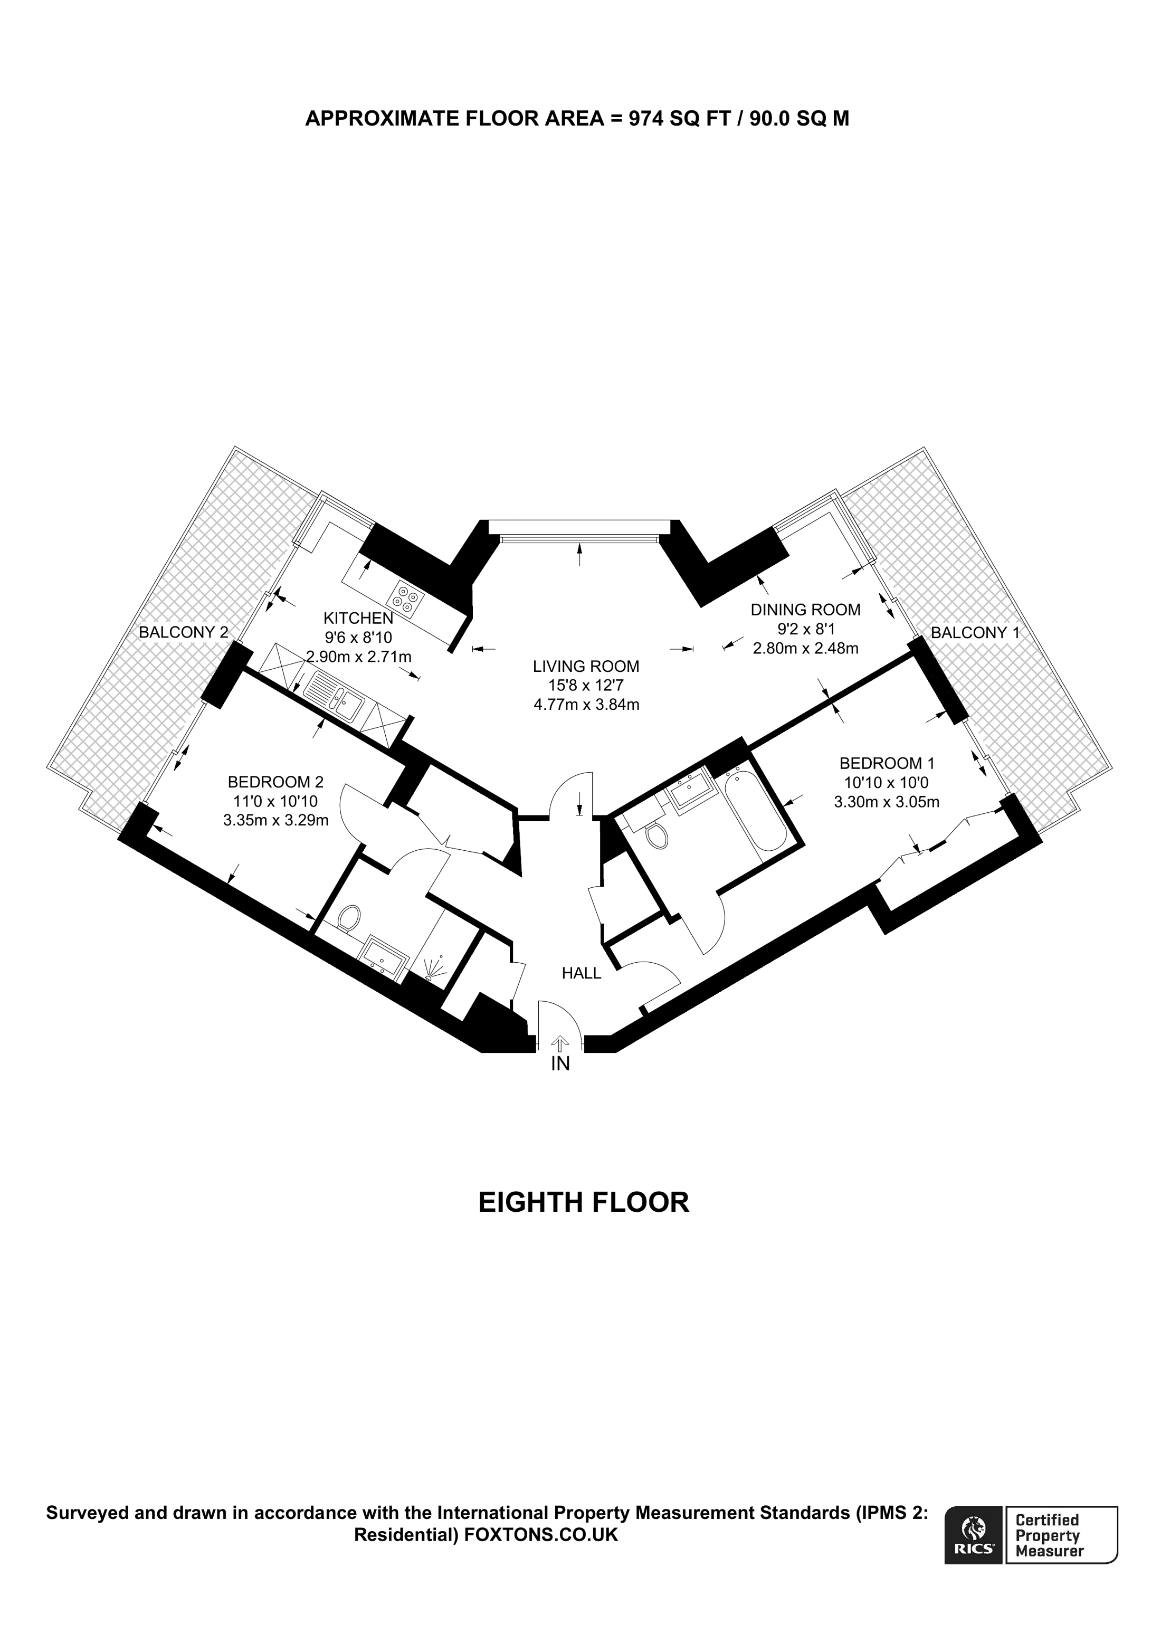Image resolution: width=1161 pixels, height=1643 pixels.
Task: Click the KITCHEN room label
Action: point(358,618)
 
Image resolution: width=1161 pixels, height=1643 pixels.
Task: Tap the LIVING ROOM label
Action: point(586,666)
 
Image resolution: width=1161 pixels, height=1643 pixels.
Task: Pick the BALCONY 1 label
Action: point(974,633)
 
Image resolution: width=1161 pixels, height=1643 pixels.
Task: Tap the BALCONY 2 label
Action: point(183,632)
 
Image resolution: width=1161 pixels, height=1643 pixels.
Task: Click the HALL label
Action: point(581,973)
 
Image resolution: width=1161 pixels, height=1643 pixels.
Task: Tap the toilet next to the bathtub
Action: point(656,834)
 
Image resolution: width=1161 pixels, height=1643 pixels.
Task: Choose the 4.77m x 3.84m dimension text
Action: point(586,704)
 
